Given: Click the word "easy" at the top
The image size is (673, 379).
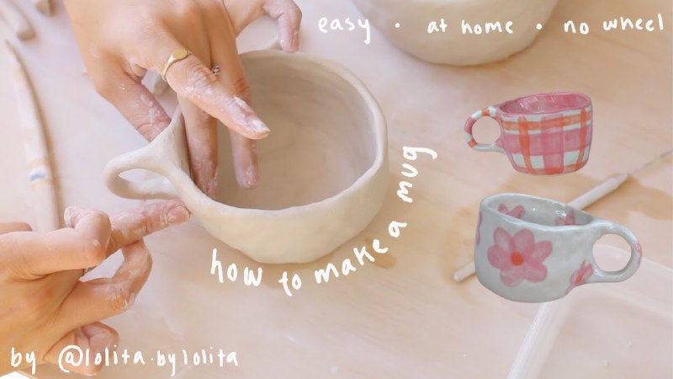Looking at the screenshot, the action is [x=344, y=26].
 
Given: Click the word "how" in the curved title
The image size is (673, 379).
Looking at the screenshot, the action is [x=236, y=269].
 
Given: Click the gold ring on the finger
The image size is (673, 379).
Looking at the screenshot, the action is [x=175, y=61].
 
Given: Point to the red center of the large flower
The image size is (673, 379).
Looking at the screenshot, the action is [x=517, y=258].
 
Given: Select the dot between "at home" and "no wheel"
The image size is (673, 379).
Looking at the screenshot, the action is [x=539, y=26].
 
